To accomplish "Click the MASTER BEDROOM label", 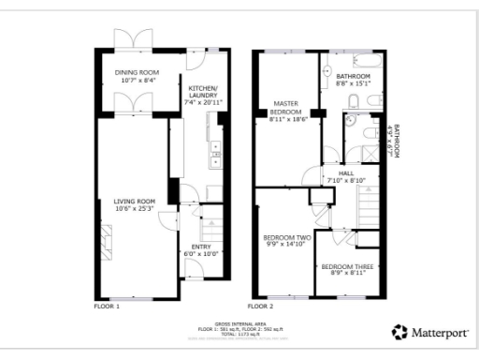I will coord(284,110).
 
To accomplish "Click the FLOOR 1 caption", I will coord(107,307).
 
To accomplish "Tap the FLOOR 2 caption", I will coord(260,307).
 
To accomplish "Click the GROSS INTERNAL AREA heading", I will coord(241,322).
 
